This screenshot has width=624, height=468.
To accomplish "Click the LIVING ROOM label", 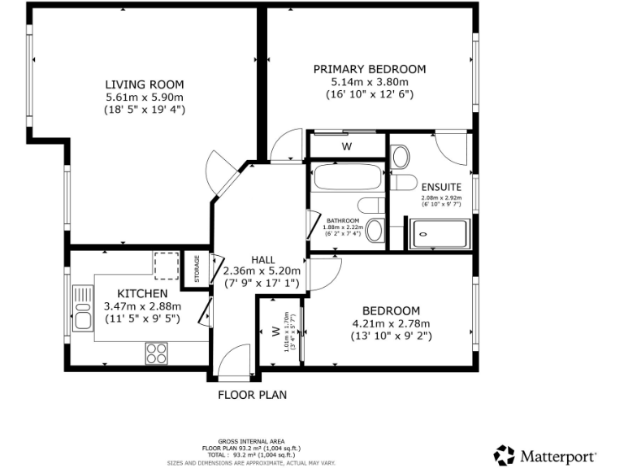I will (145, 84).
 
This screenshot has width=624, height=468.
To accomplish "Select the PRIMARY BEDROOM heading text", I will (370, 69).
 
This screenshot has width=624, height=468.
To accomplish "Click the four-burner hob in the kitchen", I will (157, 353).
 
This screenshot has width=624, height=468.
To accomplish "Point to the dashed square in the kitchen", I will (165, 264).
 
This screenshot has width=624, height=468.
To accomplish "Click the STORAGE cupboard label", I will (197, 270).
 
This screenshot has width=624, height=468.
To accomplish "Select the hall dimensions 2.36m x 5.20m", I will (262, 271).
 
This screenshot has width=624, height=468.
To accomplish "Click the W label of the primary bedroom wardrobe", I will (346, 147).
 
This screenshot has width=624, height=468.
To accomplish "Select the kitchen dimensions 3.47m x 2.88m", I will (142, 306).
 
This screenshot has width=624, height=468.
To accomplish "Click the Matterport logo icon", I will (505, 454).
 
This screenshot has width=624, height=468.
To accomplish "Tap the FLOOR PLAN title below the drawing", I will (252, 396).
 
